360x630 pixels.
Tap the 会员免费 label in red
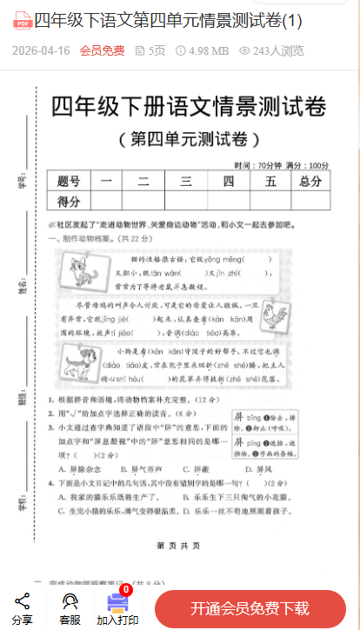pyautogui.click(x=102, y=50)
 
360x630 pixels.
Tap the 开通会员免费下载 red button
pyautogui.click(x=250, y=607)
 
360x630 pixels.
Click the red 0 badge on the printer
pyautogui.click(x=126, y=590)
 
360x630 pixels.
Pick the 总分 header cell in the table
pyautogui.click(x=310, y=181)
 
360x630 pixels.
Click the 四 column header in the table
pyautogui.click(x=228, y=181)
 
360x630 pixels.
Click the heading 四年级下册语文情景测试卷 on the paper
pyautogui.click(x=189, y=108)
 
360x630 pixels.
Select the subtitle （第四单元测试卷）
pyautogui.click(x=188, y=139)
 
